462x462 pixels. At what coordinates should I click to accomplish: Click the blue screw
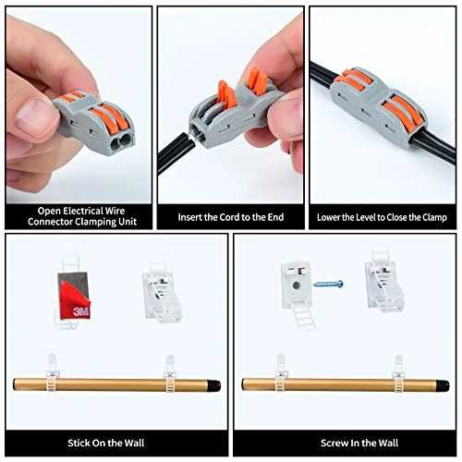(328, 284)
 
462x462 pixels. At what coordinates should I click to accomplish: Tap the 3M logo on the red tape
(81, 311)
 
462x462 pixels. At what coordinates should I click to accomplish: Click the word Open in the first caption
(48, 211)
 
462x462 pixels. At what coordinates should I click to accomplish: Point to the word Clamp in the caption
(434, 218)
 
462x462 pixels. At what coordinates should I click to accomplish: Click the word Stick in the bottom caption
(79, 443)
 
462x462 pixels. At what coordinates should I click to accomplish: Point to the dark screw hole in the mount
(296, 286)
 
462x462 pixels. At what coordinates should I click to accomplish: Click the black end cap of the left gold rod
(215, 385)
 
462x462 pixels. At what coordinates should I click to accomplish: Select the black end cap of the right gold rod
(444, 385)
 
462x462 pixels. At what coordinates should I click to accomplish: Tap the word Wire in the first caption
(115, 211)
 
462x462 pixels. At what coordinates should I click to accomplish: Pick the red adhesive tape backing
(75, 300)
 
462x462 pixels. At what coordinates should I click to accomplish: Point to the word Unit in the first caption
(128, 222)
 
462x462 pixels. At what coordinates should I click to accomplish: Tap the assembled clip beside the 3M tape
(162, 294)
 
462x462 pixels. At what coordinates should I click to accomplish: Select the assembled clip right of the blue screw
(384, 281)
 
